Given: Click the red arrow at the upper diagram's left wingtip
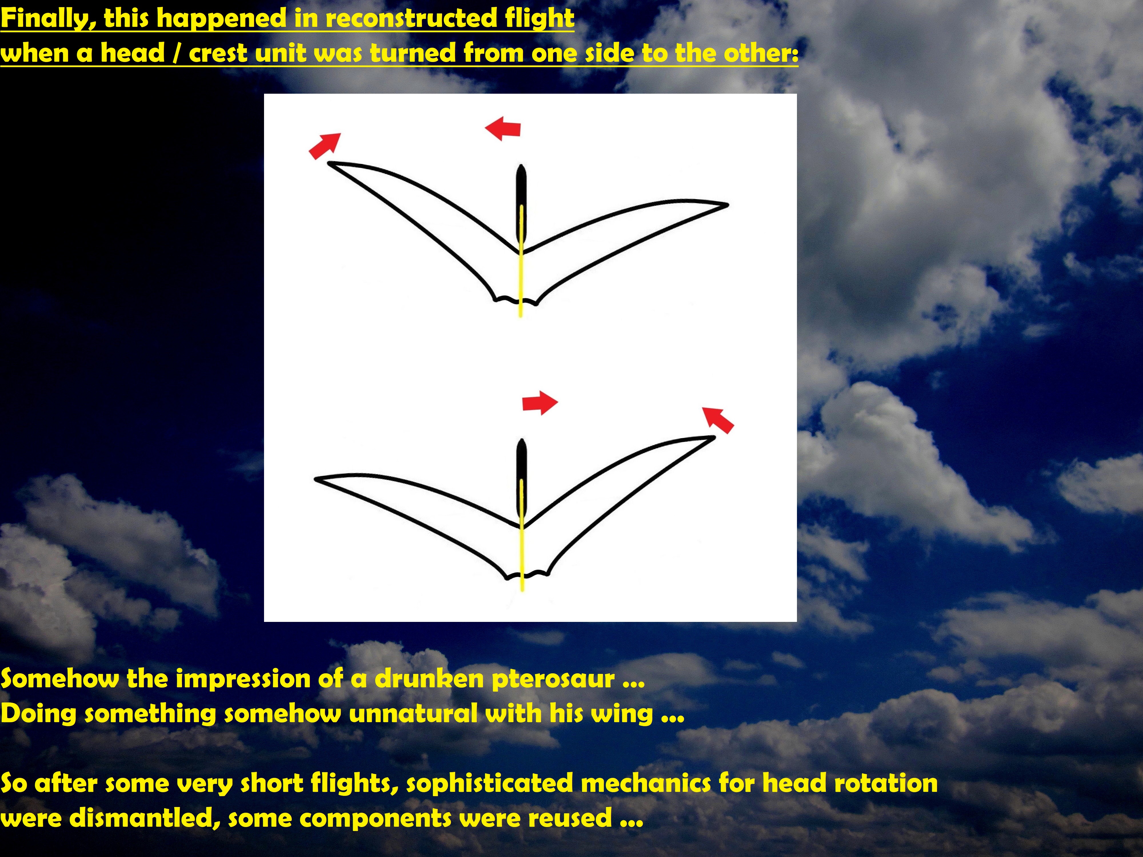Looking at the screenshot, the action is click(x=325, y=146).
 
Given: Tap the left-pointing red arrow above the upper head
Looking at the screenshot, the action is click(x=503, y=128).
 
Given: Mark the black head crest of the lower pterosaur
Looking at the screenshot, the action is click(x=522, y=478).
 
